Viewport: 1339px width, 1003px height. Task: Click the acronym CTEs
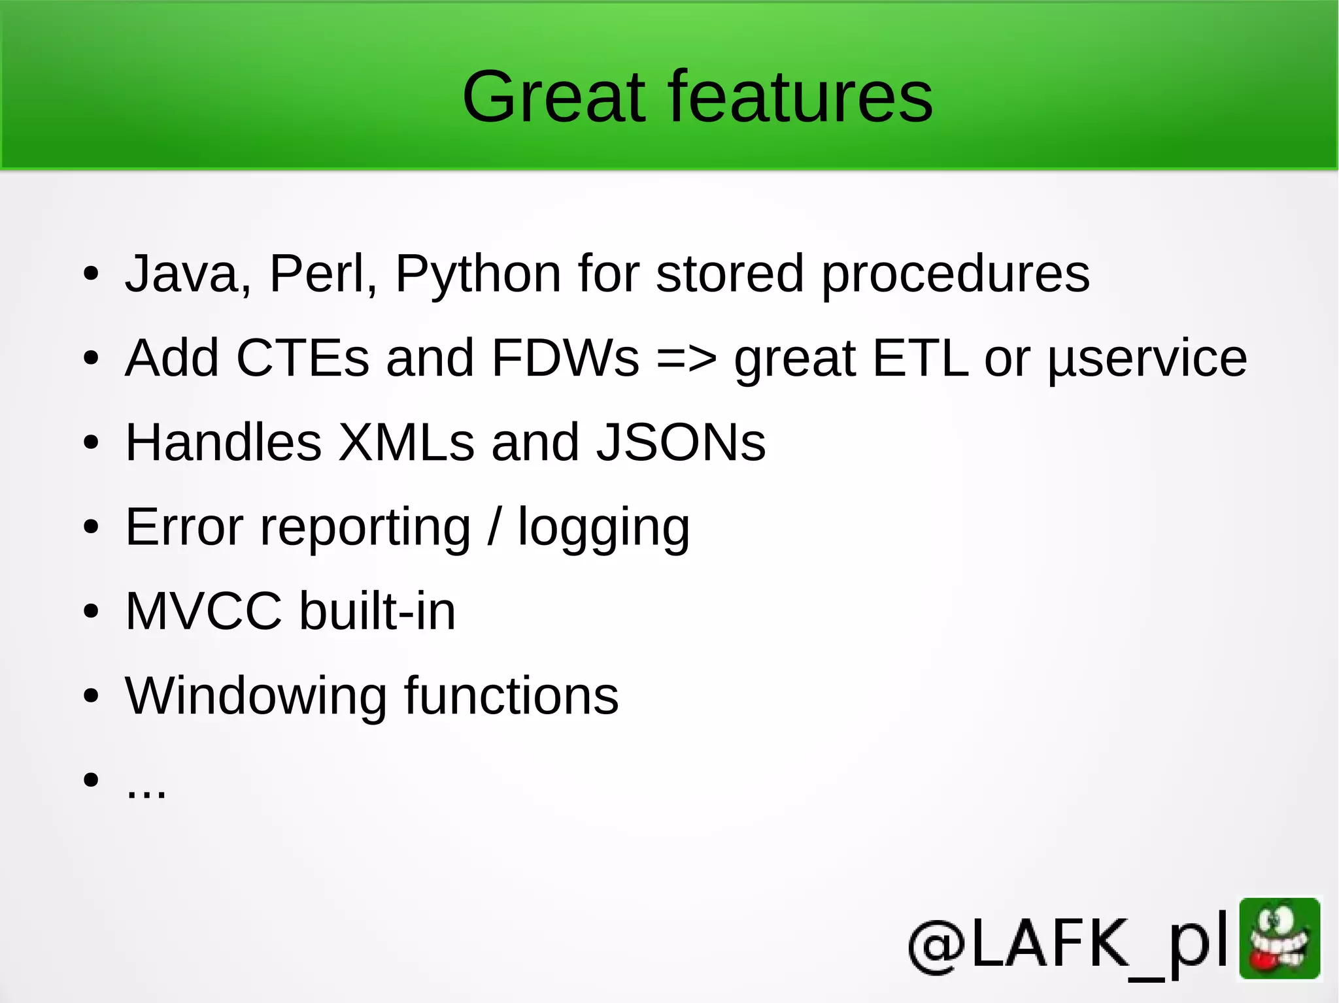point(303,358)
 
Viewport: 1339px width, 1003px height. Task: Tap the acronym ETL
point(920,358)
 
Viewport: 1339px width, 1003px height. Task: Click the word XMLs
point(406,442)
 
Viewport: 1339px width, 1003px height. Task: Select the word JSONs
point(681,442)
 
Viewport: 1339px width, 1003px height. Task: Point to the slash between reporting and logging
point(495,527)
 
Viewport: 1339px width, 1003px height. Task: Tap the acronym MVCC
point(203,611)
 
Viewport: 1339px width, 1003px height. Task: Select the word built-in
point(377,611)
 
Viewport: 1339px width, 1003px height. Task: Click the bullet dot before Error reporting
point(91,527)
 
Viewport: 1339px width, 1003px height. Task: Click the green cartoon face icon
point(1280,938)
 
